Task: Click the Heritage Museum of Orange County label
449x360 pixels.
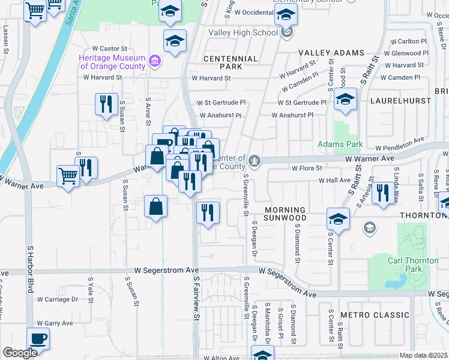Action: pyautogui.click(x=112, y=62)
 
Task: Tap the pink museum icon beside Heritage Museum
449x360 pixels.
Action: pyautogui.click(x=155, y=61)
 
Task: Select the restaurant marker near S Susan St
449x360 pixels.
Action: pyautogui.click(x=106, y=104)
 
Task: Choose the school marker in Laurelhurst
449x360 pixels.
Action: pyautogui.click(x=345, y=100)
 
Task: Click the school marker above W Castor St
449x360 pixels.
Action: pyautogui.click(x=175, y=41)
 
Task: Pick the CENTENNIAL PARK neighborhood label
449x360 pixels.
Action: pyautogui.click(x=231, y=62)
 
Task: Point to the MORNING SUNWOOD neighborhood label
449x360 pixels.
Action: pyautogui.click(x=285, y=214)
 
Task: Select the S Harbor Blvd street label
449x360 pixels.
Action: pyautogui.click(x=29, y=262)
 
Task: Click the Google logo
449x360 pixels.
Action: pyautogui.click(x=20, y=353)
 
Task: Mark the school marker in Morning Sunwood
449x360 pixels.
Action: pyautogui.click(x=338, y=219)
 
